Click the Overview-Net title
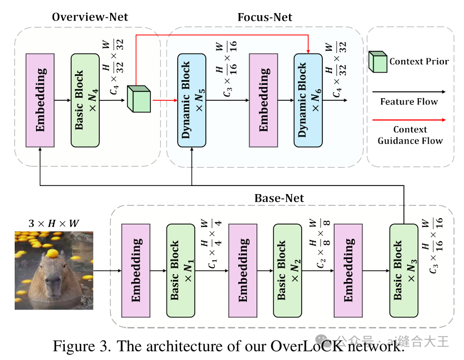click(89, 17)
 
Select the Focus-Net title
click(264, 17)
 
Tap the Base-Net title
click(279, 197)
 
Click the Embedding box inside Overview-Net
click(40, 100)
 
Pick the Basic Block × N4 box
click(85, 100)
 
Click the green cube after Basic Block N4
click(138, 99)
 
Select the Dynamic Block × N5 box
click(191, 100)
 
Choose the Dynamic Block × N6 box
click(308, 100)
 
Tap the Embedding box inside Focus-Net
click(263, 100)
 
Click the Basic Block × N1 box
click(180, 269)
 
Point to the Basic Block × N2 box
click(287, 269)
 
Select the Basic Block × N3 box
click(403, 269)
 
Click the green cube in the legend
click(378, 62)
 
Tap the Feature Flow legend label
click(409, 101)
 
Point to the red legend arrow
click(408, 119)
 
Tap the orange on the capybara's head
click(52, 253)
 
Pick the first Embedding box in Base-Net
click(136, 269)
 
